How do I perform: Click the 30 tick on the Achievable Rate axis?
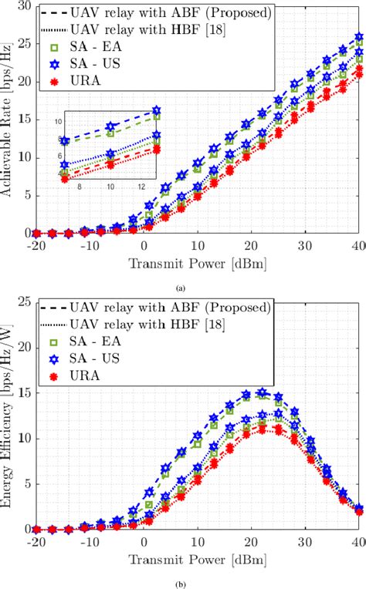pos(25,6)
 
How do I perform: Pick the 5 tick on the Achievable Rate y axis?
pos(29,194)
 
